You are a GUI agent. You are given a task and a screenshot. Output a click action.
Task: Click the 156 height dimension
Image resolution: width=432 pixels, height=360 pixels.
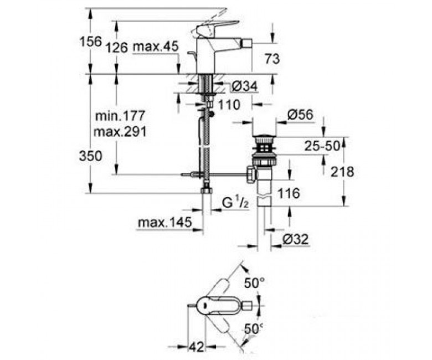point(90,42)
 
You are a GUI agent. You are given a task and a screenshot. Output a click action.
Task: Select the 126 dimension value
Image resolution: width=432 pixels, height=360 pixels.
point(117,48)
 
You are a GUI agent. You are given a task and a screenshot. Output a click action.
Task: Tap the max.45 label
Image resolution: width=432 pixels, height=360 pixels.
point(156,47)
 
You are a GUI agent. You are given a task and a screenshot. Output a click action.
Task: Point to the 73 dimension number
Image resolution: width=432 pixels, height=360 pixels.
point(272,59)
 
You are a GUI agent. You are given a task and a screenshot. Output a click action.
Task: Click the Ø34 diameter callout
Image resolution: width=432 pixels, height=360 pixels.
point(245,86)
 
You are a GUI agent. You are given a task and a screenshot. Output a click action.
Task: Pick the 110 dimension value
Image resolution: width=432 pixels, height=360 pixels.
point(229,105)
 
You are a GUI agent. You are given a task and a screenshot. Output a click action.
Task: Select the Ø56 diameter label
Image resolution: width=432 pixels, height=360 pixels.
point(300,115)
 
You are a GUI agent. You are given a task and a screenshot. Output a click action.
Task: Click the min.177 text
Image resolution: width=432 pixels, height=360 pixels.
point(120,116)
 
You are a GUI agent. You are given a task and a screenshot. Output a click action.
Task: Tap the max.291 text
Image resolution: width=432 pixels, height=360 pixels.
point(120,132)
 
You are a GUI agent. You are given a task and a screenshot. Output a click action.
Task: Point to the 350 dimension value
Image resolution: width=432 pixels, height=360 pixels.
point(91,156)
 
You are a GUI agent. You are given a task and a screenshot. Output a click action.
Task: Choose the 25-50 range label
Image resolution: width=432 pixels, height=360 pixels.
point(322,146)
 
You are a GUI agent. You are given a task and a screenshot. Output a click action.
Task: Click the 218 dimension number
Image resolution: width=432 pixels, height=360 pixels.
point(342,172)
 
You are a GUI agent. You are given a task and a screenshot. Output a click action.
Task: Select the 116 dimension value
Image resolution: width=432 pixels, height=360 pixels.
point(288,193)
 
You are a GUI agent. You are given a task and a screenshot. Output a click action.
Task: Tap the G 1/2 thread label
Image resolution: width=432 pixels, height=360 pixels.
point(235,203)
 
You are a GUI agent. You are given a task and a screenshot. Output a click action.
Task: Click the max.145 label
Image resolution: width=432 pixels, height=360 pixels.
point(164,222)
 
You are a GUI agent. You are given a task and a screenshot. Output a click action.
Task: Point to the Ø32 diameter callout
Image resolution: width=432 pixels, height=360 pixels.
point(295,239)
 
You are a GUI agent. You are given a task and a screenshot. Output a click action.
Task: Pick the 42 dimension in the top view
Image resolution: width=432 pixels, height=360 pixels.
point(197,347)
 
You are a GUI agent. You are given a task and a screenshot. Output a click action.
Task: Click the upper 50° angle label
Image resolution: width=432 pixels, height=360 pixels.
point(254,283)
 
